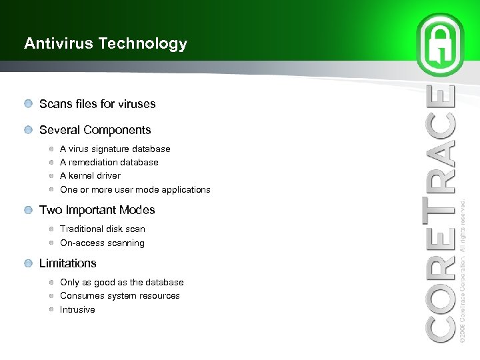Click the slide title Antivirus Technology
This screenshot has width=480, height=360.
click(x=105, y=44)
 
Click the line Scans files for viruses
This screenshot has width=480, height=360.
click(x=97, y=104)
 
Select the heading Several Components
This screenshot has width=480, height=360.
click(x=95, y=130)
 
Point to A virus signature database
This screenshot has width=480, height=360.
click(x=115, y=149)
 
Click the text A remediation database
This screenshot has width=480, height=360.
click(x=109, y=163)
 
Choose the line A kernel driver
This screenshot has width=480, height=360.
click(x=90, y=176)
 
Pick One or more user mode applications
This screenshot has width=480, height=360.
click(x=135, y=190)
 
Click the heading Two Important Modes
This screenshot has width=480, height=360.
click(x=97, y=210)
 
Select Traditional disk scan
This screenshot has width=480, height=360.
click(x=102, y=229)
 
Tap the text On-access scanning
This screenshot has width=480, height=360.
click(x=102, y=243)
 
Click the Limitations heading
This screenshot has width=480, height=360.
click(x=67, y=263)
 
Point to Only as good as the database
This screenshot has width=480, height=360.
click(x=121, y=283)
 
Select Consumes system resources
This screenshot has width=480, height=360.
click(x=119, y=296)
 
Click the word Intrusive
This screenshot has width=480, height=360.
click(x=77, y=310)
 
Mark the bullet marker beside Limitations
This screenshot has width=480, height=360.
click(x=27, y=263)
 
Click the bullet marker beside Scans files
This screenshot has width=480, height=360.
click(x=27, y=104)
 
